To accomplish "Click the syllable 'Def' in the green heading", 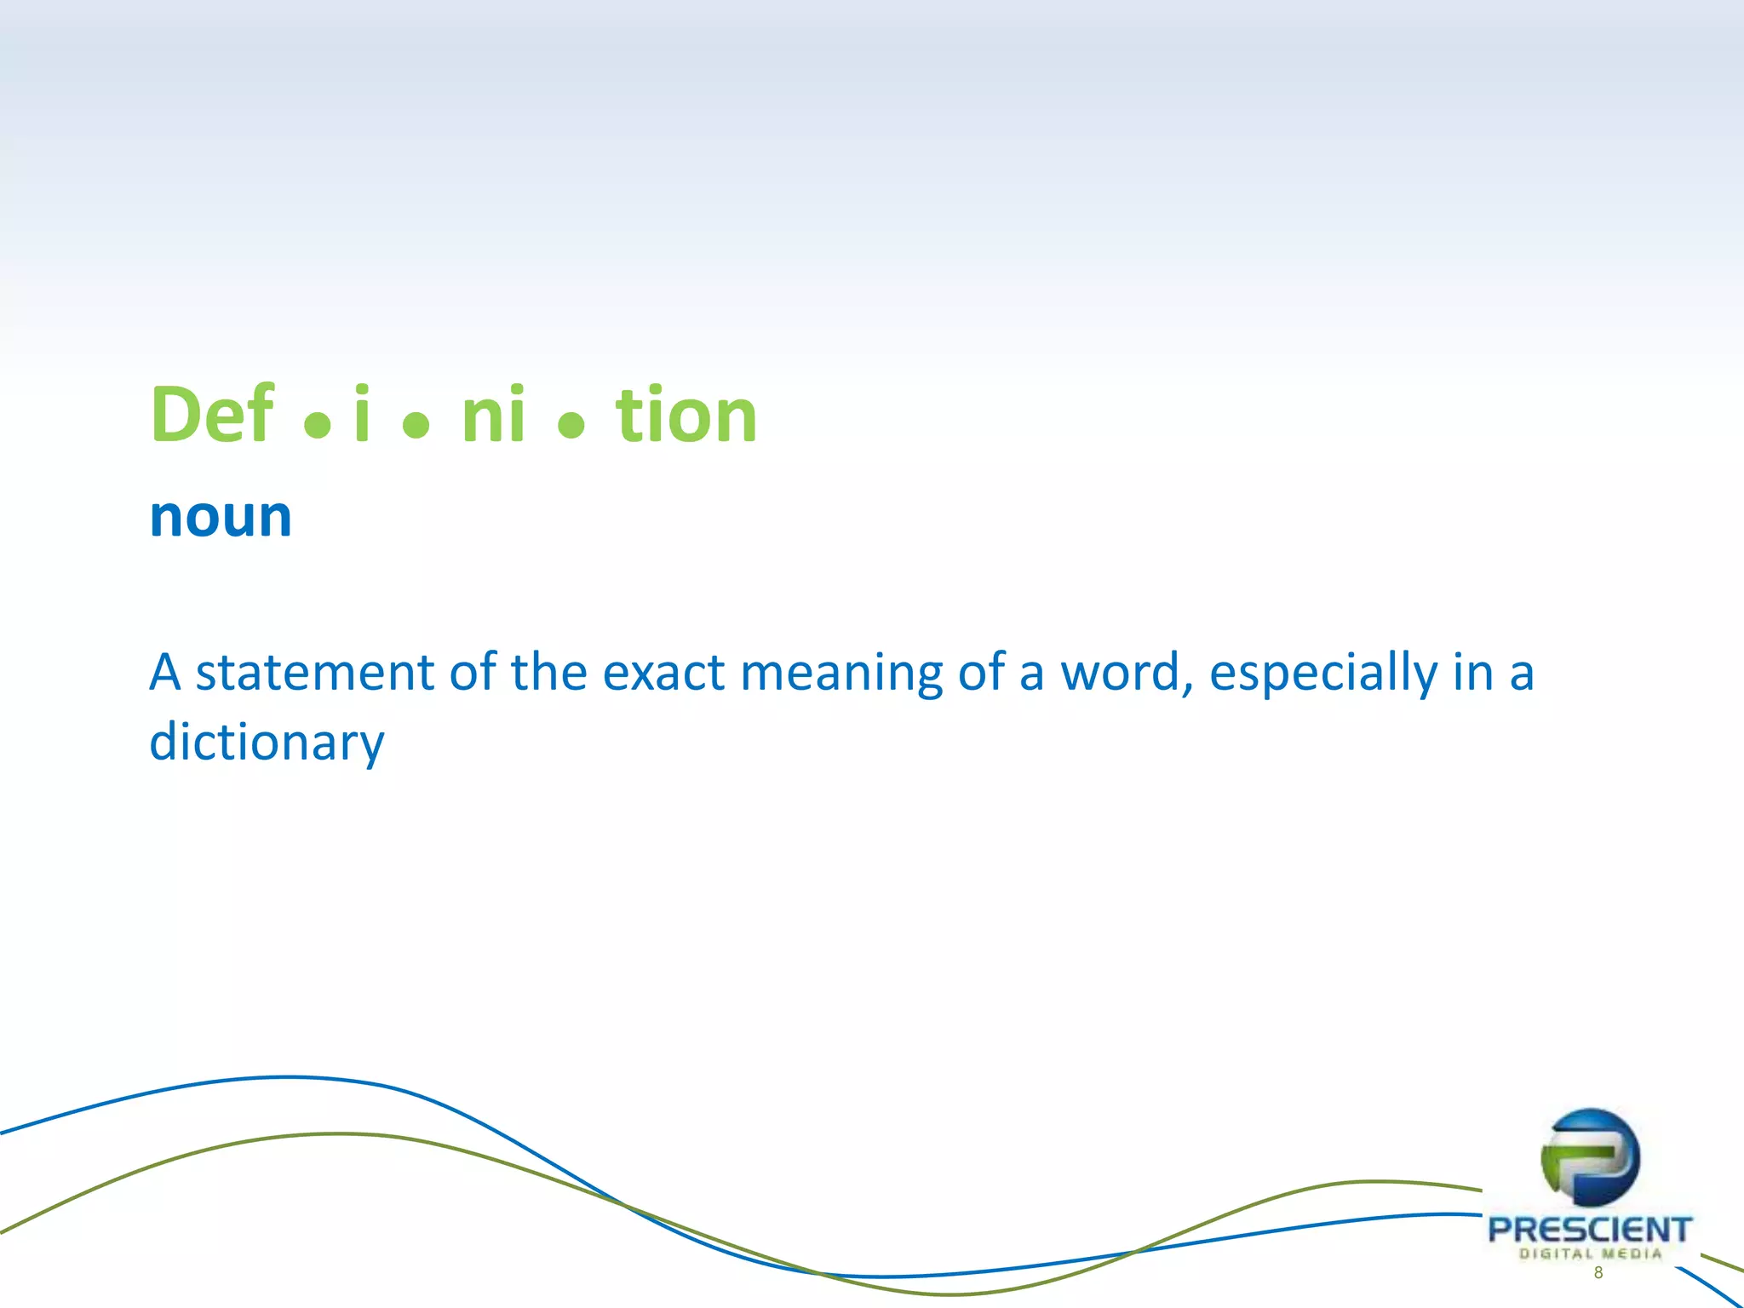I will pyautogui.click(x=212, y=415).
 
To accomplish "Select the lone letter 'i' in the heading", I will pyautogui.click(x=362, y=415).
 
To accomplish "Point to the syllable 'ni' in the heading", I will pyautogui.click(x=493, y=415).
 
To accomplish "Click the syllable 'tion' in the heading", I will pyautogui.click(x=686, y=415).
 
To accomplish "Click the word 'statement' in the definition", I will pyautogui.click(x=315, y=672).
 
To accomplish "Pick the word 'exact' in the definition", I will pyautogui.click(x=663, y=672).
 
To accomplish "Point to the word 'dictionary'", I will pyautogui.click(x=267, y=743).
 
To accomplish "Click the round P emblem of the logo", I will pyautogui.click(x=1590, y=1157).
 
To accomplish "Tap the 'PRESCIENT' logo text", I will pyautogui.click(x=1589, y=1230).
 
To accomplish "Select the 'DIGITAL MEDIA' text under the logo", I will pyautogui.click(x=1590, y=1253).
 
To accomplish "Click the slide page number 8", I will pyautogui.click(x=1598, y=1273).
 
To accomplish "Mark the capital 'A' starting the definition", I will pyautogui.click(x=165, y=672).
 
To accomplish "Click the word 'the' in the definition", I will pyautogui.click(x=548, y=672).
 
